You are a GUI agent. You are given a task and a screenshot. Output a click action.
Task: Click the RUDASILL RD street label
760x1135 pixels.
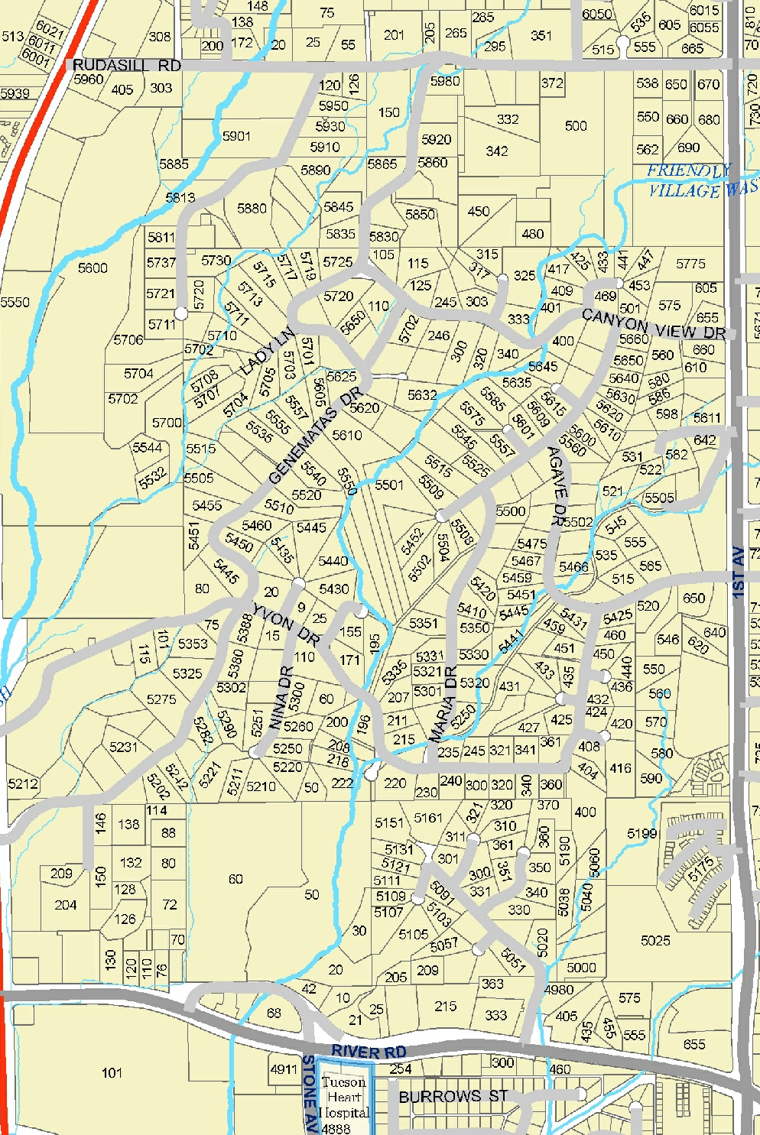[127, 66]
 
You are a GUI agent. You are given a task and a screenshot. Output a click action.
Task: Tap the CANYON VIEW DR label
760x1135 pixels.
[654, 325]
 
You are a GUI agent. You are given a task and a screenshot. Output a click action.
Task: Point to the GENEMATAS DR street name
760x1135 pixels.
[314, 436]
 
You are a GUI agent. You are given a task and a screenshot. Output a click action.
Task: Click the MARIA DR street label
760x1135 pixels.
[443, 705]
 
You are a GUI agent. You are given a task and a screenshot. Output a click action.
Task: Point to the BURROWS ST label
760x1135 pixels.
[453, 1097]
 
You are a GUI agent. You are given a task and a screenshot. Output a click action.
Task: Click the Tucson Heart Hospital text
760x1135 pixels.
[345, 1098]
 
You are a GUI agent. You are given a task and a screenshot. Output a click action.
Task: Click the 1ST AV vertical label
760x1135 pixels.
[738, 572]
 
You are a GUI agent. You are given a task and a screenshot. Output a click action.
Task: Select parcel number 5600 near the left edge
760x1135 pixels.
[93, 268]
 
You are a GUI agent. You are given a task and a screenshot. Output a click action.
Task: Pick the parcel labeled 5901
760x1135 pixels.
[236, 136]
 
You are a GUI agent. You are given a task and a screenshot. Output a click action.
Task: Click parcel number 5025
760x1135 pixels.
[655, 940]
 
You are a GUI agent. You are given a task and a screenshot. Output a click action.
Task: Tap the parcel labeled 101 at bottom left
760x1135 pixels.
[112, 1073]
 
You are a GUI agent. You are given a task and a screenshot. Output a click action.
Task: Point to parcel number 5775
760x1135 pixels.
[690, 264]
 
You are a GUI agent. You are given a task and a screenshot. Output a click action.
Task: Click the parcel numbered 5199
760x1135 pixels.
[641, 833]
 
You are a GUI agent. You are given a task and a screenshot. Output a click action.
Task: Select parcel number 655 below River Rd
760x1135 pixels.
[694, 1044]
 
